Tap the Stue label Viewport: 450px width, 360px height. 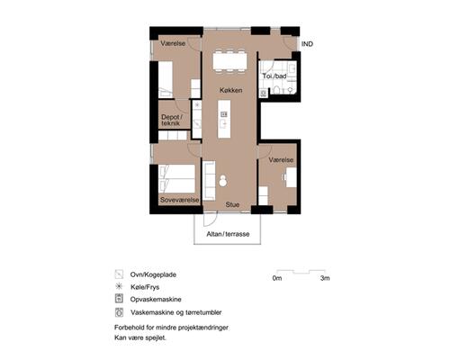point(232,204)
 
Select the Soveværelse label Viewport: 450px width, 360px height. point(179,199)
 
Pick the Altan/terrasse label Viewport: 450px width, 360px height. point(227,233)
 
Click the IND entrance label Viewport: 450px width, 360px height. point(307,44)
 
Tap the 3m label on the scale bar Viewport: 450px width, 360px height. point(325,279)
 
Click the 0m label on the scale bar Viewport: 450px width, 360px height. point(277,279)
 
